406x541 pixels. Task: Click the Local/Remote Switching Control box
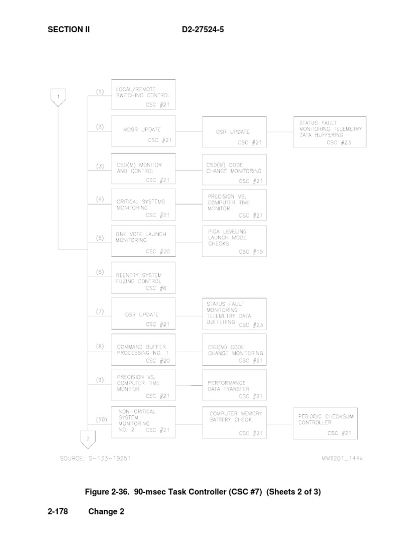click(143, 95)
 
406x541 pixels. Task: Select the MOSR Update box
click(143, 130)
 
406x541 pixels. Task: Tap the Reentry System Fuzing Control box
click(143, 277)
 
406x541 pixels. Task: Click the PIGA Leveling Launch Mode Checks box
click(234, 241)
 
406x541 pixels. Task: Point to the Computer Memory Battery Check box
click(234, 423)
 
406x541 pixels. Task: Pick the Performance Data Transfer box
click(234, 386)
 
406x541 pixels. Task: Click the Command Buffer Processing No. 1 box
click(143, 349)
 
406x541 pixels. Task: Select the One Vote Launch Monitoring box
click(143, 241)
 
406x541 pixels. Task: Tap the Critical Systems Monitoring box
click(143, 204)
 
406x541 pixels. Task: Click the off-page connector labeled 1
click(58, 97)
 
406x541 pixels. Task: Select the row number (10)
click(101, 419)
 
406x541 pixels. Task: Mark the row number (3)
click(100, 166)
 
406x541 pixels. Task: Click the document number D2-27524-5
click(203, 30)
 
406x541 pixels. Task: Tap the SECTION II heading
click(69, 30)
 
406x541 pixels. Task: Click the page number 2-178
click(59, 511)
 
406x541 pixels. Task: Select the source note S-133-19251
click(95, 458)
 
